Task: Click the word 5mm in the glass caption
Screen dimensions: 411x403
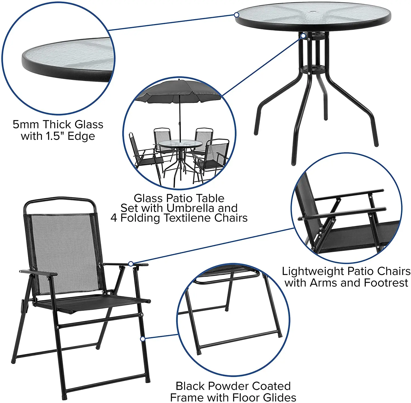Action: tap(25, 124)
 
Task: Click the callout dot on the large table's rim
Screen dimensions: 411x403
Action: tap(237, 15)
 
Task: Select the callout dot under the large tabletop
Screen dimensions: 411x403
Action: tap(304, 36)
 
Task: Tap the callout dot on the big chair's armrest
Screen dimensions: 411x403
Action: tap(131, 264)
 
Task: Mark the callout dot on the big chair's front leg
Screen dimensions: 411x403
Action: tap(142, 339)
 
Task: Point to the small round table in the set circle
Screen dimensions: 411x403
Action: tap(180, 144)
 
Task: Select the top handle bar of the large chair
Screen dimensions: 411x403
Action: tap(60, 199)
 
